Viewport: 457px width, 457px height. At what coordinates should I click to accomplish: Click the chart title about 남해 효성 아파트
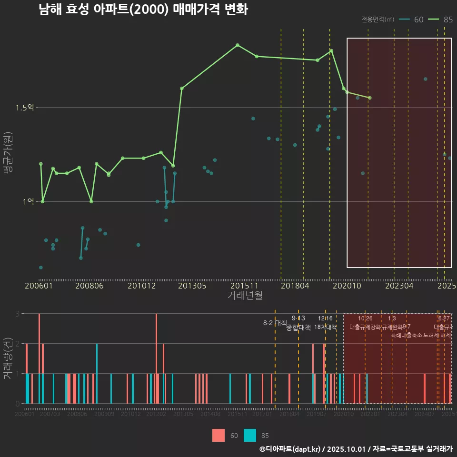click(x=143, y=10)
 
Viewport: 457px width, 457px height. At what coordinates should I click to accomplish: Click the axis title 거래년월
click(x=245, y=296)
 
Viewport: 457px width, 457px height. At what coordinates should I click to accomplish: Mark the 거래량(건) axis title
click(x=8, y=358)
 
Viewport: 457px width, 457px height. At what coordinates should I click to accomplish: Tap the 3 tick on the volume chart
click(x=17, y=314)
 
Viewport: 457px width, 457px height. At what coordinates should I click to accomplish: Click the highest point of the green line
click(x=238, y=45)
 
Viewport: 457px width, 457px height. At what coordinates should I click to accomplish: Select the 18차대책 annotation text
click(x=326, y=327)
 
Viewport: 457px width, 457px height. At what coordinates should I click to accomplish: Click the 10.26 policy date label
click(x=365, y=318)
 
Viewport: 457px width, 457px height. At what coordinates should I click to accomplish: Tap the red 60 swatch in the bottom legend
click(x=219, y=435)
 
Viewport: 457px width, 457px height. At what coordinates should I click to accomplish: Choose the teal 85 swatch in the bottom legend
click(x=249, y=435)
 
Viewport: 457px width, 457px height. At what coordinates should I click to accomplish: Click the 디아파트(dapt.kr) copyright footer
click(x=355, y=449)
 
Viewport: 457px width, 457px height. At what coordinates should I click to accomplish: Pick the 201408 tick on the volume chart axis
click(x=210, y=415)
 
